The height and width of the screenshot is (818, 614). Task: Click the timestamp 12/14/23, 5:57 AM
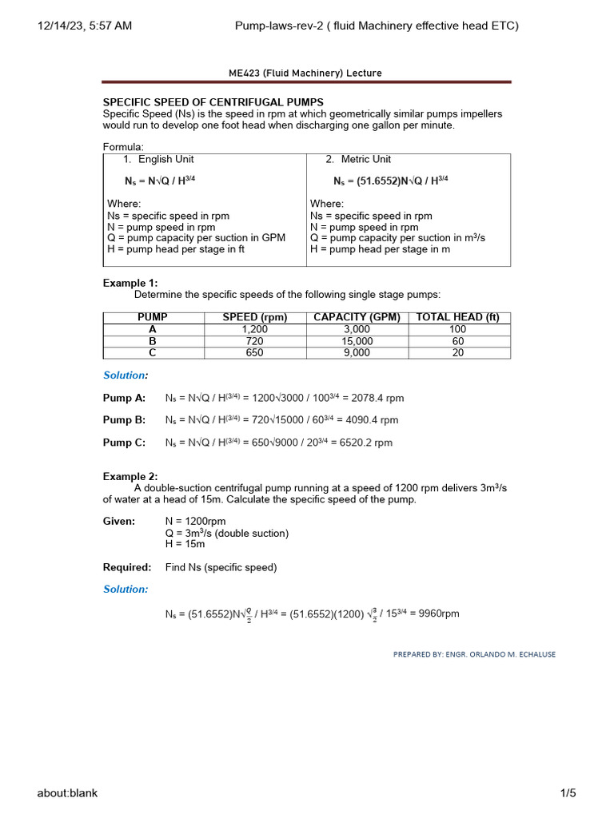[x=85, y=26]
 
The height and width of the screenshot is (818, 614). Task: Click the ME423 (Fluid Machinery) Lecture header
[x=305, y=73]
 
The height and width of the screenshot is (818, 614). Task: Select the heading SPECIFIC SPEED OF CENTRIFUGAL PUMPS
[x=213, y=102]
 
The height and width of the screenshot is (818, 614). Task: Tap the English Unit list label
[x=165, y=159]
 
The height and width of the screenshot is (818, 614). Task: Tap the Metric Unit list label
[x=365, y=159]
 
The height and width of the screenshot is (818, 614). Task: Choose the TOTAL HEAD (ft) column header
[x=458, y=317]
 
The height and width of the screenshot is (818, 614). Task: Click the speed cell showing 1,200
[x=254, y=329]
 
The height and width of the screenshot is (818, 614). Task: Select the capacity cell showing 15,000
[x=357, y=341]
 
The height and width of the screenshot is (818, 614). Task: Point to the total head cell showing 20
[x=458, y=352]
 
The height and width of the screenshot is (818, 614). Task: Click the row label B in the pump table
[x=153, y=341]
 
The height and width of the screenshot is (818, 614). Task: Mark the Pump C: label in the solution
[x=124, y=443]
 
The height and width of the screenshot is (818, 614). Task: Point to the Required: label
[x=127, y=567]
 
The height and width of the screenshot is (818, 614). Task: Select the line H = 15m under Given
[x=185, y=544]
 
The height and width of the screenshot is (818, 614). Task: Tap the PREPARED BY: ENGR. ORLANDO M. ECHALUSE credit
[x=474, y=654]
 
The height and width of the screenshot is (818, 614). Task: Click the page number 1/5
[x=568, y=793]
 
